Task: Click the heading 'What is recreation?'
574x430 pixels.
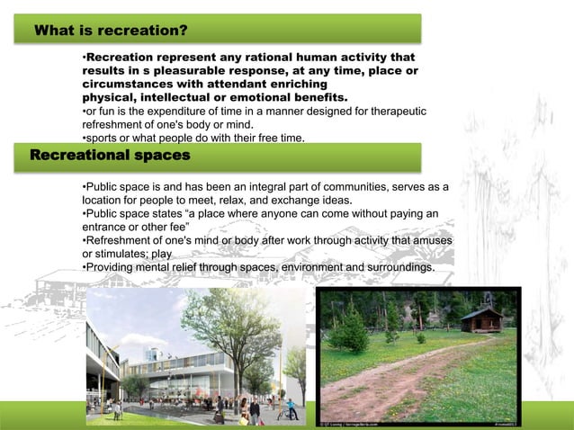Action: coord(110,31)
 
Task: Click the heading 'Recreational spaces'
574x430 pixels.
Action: coord(110,156)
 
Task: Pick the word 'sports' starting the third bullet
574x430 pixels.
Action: coord(103,138)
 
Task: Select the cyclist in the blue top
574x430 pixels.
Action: coord(291,409)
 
